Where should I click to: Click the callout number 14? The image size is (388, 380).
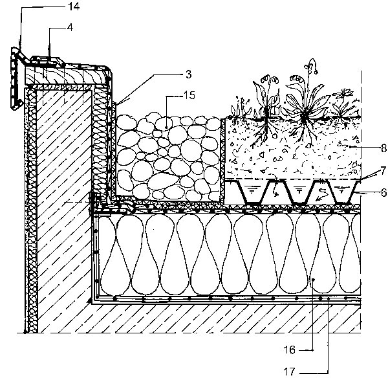point(74,6)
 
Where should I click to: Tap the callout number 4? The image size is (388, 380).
point(70,27)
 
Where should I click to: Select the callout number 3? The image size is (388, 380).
point(189,74)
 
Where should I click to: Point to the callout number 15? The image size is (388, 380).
point(189,95)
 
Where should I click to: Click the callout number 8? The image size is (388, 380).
point(383,148)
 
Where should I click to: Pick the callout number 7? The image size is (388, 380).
point(383,170)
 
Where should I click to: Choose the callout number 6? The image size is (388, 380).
point(383,192)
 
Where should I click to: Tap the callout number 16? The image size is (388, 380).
point(290,350)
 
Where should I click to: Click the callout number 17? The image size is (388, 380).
point(290,372)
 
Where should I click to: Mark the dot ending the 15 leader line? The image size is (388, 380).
point(166,128)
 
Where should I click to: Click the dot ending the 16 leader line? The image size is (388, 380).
point(313,280)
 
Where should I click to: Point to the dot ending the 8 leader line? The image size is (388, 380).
point(350,147)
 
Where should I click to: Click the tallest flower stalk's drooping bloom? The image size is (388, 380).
point(313,66)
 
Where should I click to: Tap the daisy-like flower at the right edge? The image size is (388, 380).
point(344,93)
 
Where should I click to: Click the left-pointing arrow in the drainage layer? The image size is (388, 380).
point(321,194)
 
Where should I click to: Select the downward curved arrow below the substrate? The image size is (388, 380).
point(275,189)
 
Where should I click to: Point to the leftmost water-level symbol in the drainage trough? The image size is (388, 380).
point(252,190)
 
